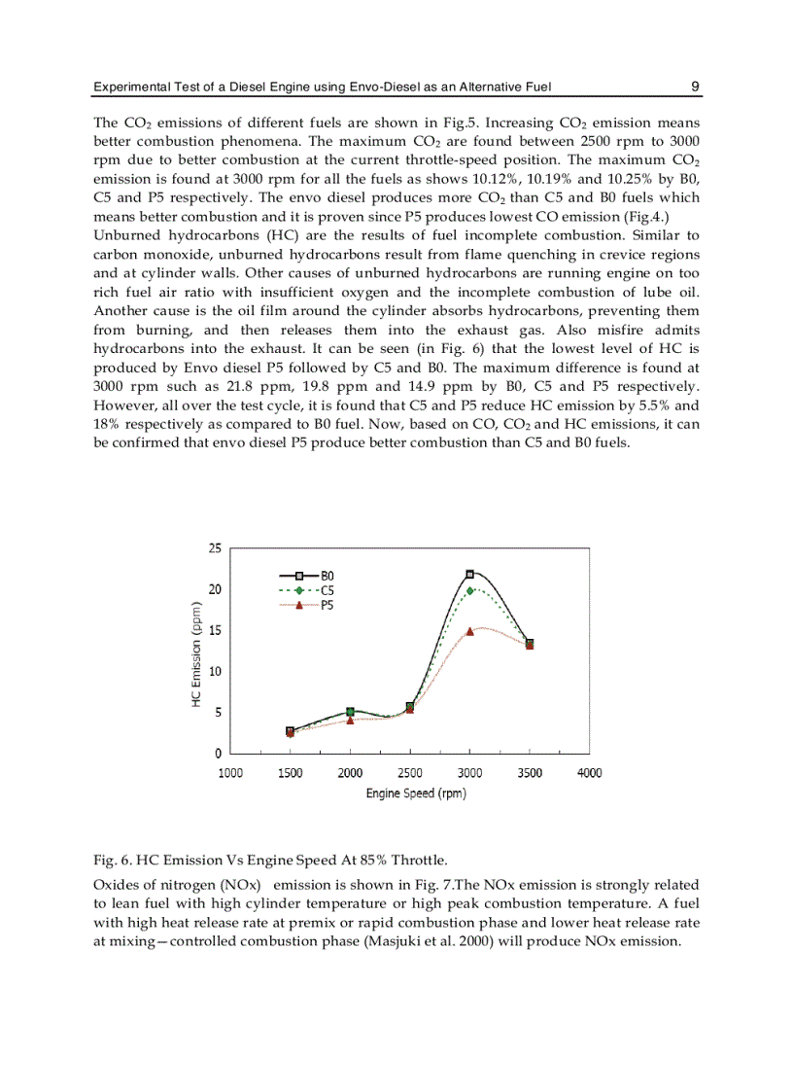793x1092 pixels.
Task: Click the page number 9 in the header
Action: tap(695, 87)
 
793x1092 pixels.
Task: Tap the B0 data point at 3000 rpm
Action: tap(469, 574)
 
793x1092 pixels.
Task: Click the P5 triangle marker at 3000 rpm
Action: tap(469, 631)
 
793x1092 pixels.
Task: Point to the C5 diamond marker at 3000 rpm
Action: tap(469, 590)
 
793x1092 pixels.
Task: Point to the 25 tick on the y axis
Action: tap(215, 548)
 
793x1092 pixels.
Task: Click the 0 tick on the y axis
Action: tap(218, 754)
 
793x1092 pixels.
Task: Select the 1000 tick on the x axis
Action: tap(230, 773)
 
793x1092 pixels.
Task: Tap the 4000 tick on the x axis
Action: tap(589, 773)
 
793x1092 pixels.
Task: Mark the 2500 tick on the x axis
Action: tap(410, 773)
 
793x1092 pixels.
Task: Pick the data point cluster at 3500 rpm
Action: tap(529, 644)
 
